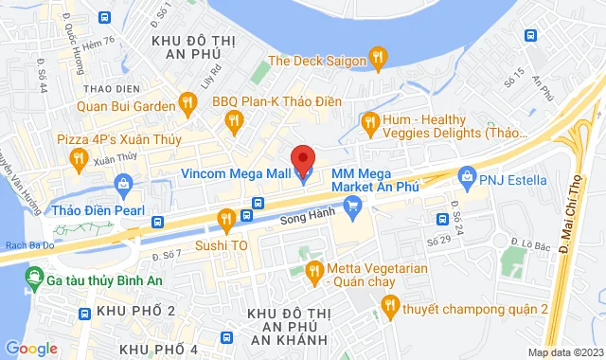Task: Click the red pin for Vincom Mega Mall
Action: [x=302, y=157]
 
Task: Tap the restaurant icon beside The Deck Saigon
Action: [x=379, y=60]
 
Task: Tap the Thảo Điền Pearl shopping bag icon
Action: [x=122, y=184]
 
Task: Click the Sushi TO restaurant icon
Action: [x=225, y=220]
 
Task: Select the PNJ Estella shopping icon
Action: [x=466, y=176]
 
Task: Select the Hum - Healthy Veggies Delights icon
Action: [x=370, y=121]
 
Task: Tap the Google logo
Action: [x=31, y=348]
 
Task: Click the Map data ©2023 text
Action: [x=564, y=352]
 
